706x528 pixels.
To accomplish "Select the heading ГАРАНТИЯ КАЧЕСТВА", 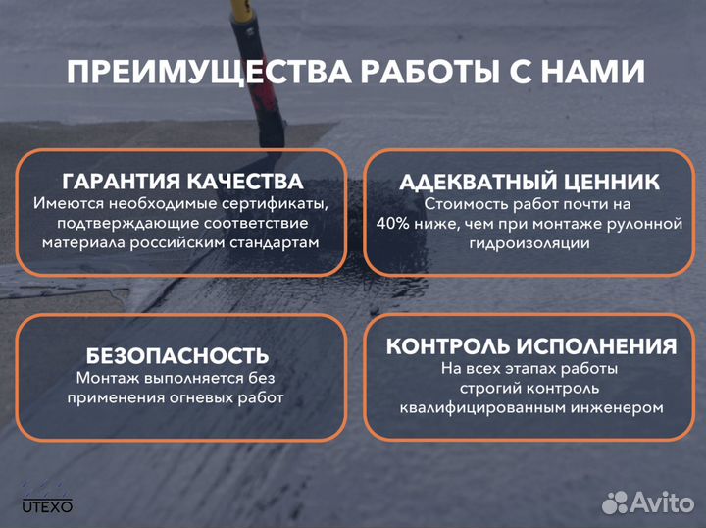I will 182,182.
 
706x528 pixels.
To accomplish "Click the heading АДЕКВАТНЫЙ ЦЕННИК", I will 529,183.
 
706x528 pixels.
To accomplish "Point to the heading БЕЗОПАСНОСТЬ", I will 177,355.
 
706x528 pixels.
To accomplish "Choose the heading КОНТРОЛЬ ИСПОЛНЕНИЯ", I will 530,346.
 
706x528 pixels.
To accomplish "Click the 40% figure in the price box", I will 395,224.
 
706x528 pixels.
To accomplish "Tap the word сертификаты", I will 274,204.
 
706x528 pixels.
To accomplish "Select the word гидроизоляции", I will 529,243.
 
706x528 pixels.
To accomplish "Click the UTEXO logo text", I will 47,505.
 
